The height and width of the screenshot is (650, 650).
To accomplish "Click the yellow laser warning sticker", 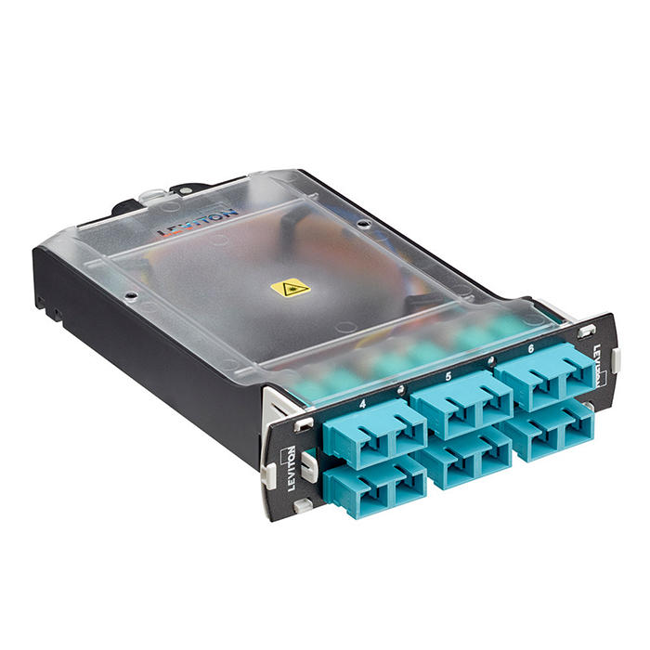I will click(x=291, y=288).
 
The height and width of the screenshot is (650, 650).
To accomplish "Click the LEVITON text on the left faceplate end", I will click(x=292, y=461).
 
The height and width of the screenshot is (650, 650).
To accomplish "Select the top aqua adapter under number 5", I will click(x=461, y=402).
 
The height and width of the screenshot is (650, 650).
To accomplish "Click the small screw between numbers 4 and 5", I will click(x=400, y=389).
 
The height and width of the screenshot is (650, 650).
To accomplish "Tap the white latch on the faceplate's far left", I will click(x=269, y=474).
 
